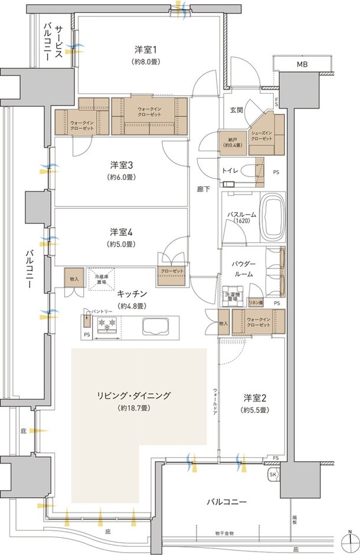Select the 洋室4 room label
(120, 232)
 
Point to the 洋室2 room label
(255, 398)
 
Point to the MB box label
(302, 64)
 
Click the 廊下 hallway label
(203, 190)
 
